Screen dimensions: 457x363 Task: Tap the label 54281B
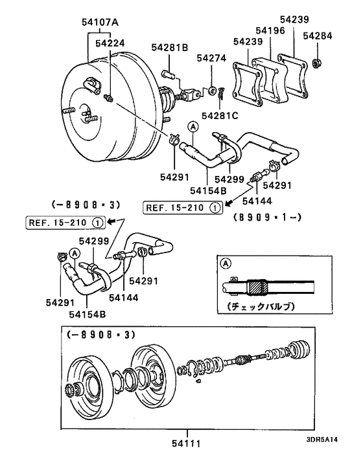click(x=170, y=47)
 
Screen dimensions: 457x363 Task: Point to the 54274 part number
click(x=211, y=58)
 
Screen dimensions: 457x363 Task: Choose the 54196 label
click(x=268, y=30)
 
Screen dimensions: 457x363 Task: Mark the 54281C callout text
click(x=220, y=116)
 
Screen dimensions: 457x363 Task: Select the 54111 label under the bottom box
click(x=186, y=443)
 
